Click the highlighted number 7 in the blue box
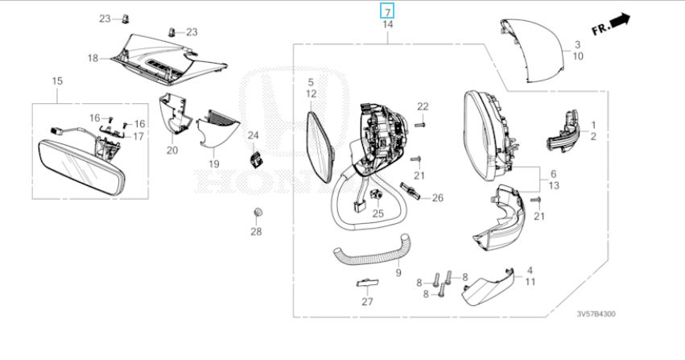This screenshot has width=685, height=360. click(x=387, y=11)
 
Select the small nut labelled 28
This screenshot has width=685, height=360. click(x=256, y=213)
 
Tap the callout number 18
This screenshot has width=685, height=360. click(x=93, y=58)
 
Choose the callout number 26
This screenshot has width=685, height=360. click(x=438, y=198)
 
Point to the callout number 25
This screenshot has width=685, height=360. click(x=378, y=213)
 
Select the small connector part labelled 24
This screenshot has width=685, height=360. click(x=258, y=158)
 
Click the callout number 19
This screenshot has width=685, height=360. click(x=214, y=163)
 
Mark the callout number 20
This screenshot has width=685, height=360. click(x=172, y=150)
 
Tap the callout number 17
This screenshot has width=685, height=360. click(x=138, y=136)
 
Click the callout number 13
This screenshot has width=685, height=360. click(x=553, y=185)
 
